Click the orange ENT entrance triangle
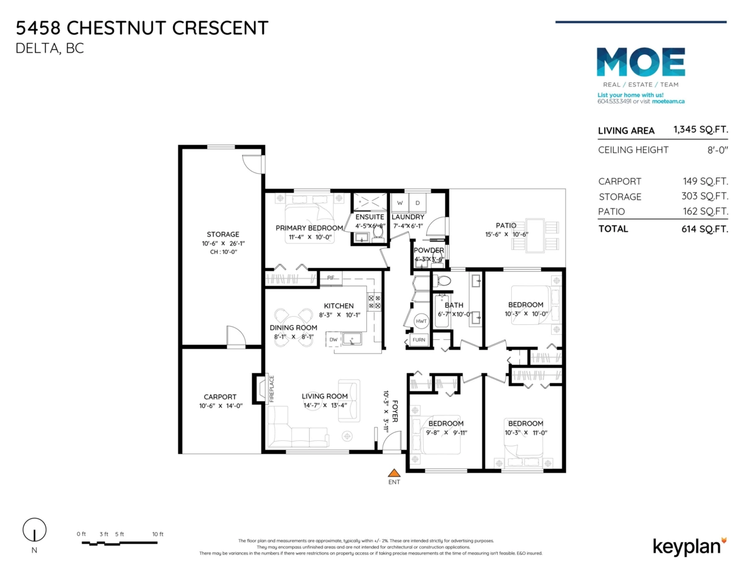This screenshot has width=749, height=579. (x=394, y=473)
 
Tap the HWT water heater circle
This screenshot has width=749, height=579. (x=421, y=321)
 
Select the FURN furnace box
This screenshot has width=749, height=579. (x=418, y=340)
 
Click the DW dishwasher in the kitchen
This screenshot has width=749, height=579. (x=333, y=340)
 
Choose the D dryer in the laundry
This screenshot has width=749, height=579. (x=418, y=203)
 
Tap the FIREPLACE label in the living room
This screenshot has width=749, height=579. (x=272, y=388)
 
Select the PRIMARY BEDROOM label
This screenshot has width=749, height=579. (x=309, y=228)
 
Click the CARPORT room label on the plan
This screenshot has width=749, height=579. (x=220, y=397)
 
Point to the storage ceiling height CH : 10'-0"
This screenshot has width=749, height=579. (x=223, y=252)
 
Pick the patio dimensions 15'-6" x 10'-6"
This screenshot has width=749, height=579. (x=506, y=234)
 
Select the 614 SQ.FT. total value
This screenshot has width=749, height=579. (x=705, y=229)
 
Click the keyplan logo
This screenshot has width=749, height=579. (x=689, y=546)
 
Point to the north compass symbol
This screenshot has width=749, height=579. (x=34, y=530)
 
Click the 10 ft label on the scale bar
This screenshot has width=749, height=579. (x=157, y=534)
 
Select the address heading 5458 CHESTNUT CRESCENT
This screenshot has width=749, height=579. (x=142, y=28)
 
